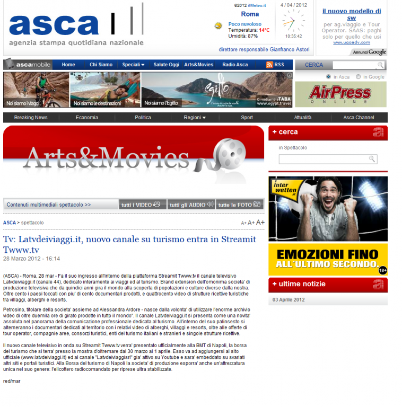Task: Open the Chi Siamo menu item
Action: coord(101,65)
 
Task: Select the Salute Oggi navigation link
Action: coord(167,65)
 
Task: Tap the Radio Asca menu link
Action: coord(235,65)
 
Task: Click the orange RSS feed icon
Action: coord(269,65)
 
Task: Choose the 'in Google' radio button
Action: coord(359,77)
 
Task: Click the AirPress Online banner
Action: coord(340,94)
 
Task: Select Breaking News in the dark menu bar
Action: coord(31,118)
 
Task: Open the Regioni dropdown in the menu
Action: coord(195,118)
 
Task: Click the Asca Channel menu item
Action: coord(359,118)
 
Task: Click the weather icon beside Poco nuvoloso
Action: coord(218,25)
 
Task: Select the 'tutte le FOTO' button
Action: coord(240,205)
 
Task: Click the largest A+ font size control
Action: coord(260,223)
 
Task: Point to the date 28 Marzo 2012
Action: coord(32,259)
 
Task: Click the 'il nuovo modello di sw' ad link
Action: coord(351,14)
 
